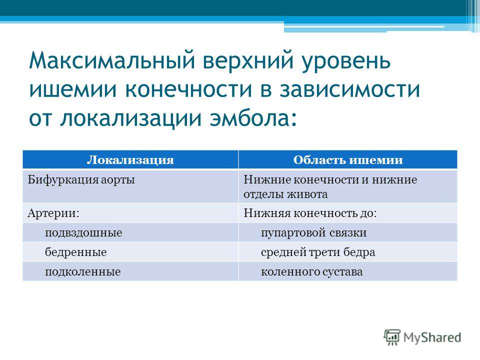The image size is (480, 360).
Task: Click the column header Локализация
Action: [x=130, y=160]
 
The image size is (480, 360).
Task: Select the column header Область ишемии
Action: [x=348, y=160]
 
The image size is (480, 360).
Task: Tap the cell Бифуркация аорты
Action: [x=81, y=180]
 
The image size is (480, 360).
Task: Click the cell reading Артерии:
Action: [x=53, y=213]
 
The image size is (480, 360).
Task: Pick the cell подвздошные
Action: [x=83, y=233]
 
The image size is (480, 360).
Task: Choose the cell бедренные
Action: [x=76, y=252]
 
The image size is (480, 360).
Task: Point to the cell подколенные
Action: [x=82, y=272]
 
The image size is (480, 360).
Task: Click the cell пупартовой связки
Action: [x=314, y=233]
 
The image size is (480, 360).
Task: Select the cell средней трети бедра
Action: [x=318, y=252]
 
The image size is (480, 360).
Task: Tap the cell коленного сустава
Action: [x=311, y=272]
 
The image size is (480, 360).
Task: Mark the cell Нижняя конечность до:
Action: [x=310, y=213]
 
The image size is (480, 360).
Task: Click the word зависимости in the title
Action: [x=349, y=89]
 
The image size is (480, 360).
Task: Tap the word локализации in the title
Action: [x=130, y=119]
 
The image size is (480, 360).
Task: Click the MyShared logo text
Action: [x=432, y=337]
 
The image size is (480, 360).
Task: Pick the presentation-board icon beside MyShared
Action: [x=392, y=337]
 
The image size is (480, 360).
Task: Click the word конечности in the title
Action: [x=189, y=89]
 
